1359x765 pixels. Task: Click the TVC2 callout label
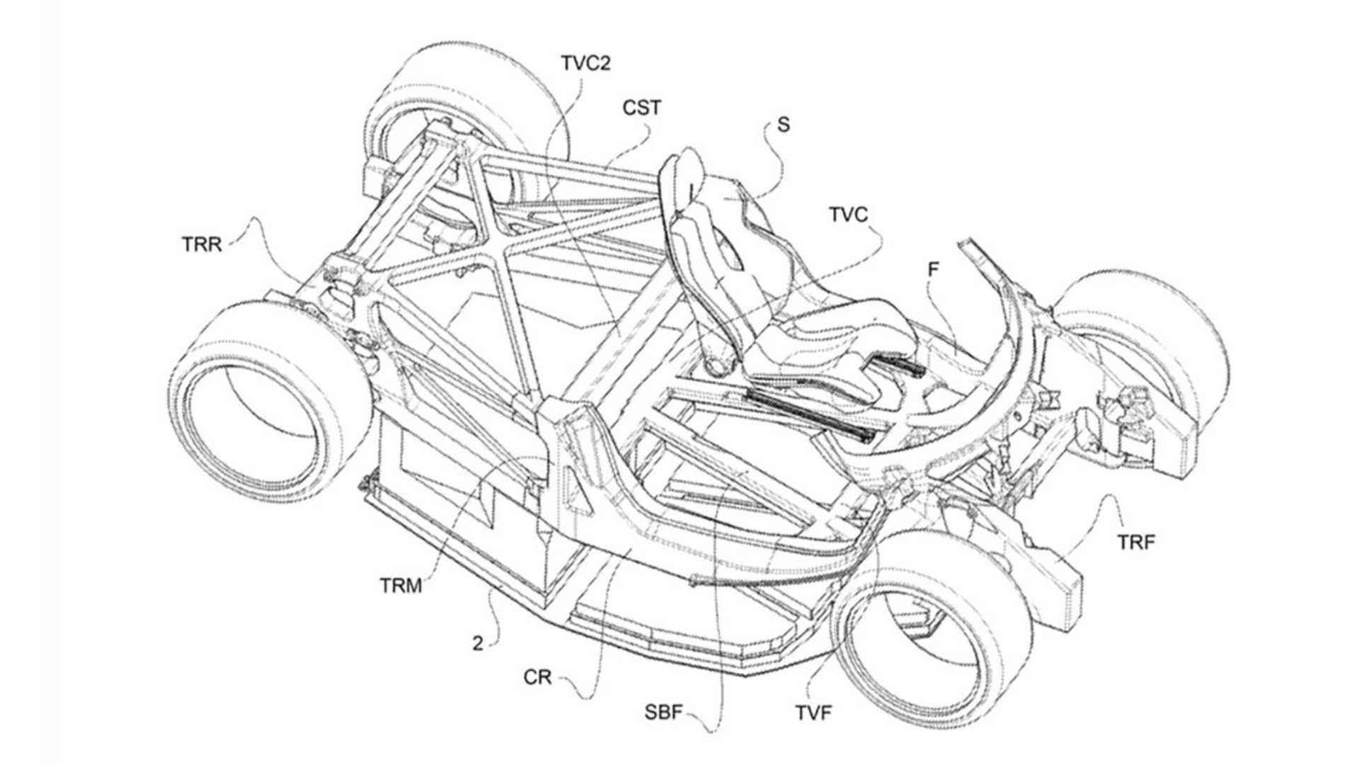click(585, 64)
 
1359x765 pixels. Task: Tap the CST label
click(642, 108)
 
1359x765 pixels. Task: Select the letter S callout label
click(783, 125)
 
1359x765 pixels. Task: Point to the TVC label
click(848, 215)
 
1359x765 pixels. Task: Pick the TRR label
click(201, 244)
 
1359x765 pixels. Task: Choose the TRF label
click(1137, 543)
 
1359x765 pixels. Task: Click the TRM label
click(401, 586)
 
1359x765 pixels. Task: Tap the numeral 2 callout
click(478, 644)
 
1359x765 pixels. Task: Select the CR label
click(537, 677)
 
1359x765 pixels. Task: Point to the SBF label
click(663, 712)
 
